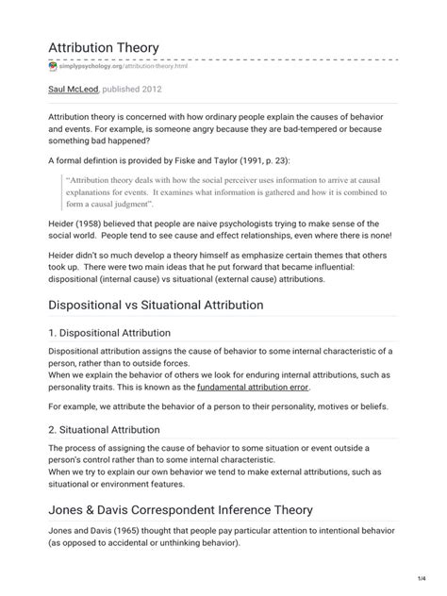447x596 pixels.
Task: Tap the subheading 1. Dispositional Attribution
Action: [x=108, y=333]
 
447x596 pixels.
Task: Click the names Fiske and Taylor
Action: [x=214, y=160]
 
